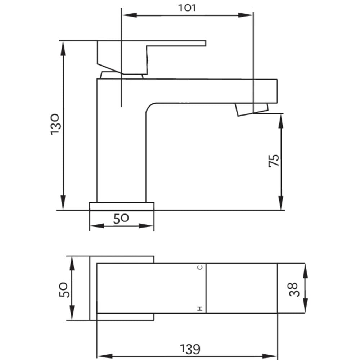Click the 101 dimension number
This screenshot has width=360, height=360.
[x=187, y=8]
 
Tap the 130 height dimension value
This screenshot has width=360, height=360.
[x=55, y=124]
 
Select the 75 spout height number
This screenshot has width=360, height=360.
[x=274, y=161]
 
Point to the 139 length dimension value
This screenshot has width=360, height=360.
[x=190, y=349]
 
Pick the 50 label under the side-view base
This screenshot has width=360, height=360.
[x=121, y=219]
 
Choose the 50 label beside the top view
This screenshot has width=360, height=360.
[x=64, y=290]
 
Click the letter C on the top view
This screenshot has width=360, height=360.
[x=200, y=267]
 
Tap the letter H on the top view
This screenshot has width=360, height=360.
[x=200, y=309]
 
